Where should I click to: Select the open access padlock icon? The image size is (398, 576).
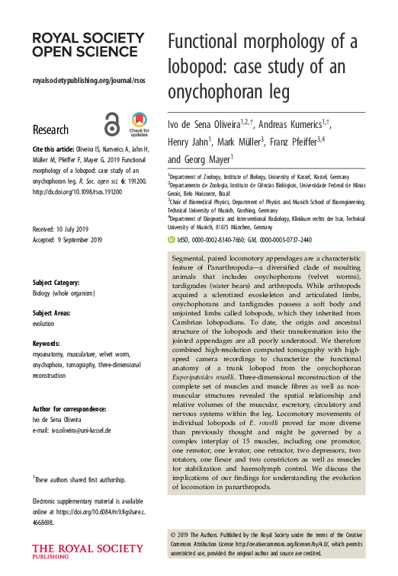click(112, 123)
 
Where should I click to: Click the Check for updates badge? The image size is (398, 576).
click(140, 123)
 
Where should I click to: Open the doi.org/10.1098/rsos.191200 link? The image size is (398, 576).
click(76, 191)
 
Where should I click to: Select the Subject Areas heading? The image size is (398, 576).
click(53, 312)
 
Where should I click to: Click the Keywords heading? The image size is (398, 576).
click(47, 344)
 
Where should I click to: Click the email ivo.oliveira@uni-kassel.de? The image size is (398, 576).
click(82, 430)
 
